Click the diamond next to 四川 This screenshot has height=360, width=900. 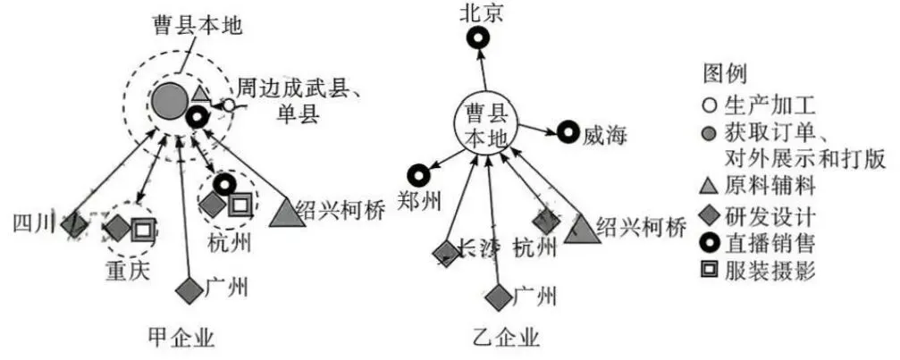(76, 224)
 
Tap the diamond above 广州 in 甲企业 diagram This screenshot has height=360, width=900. (188, 289)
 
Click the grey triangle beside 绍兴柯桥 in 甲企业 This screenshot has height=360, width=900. (285, 213)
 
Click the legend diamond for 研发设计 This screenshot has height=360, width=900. (707, 214)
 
